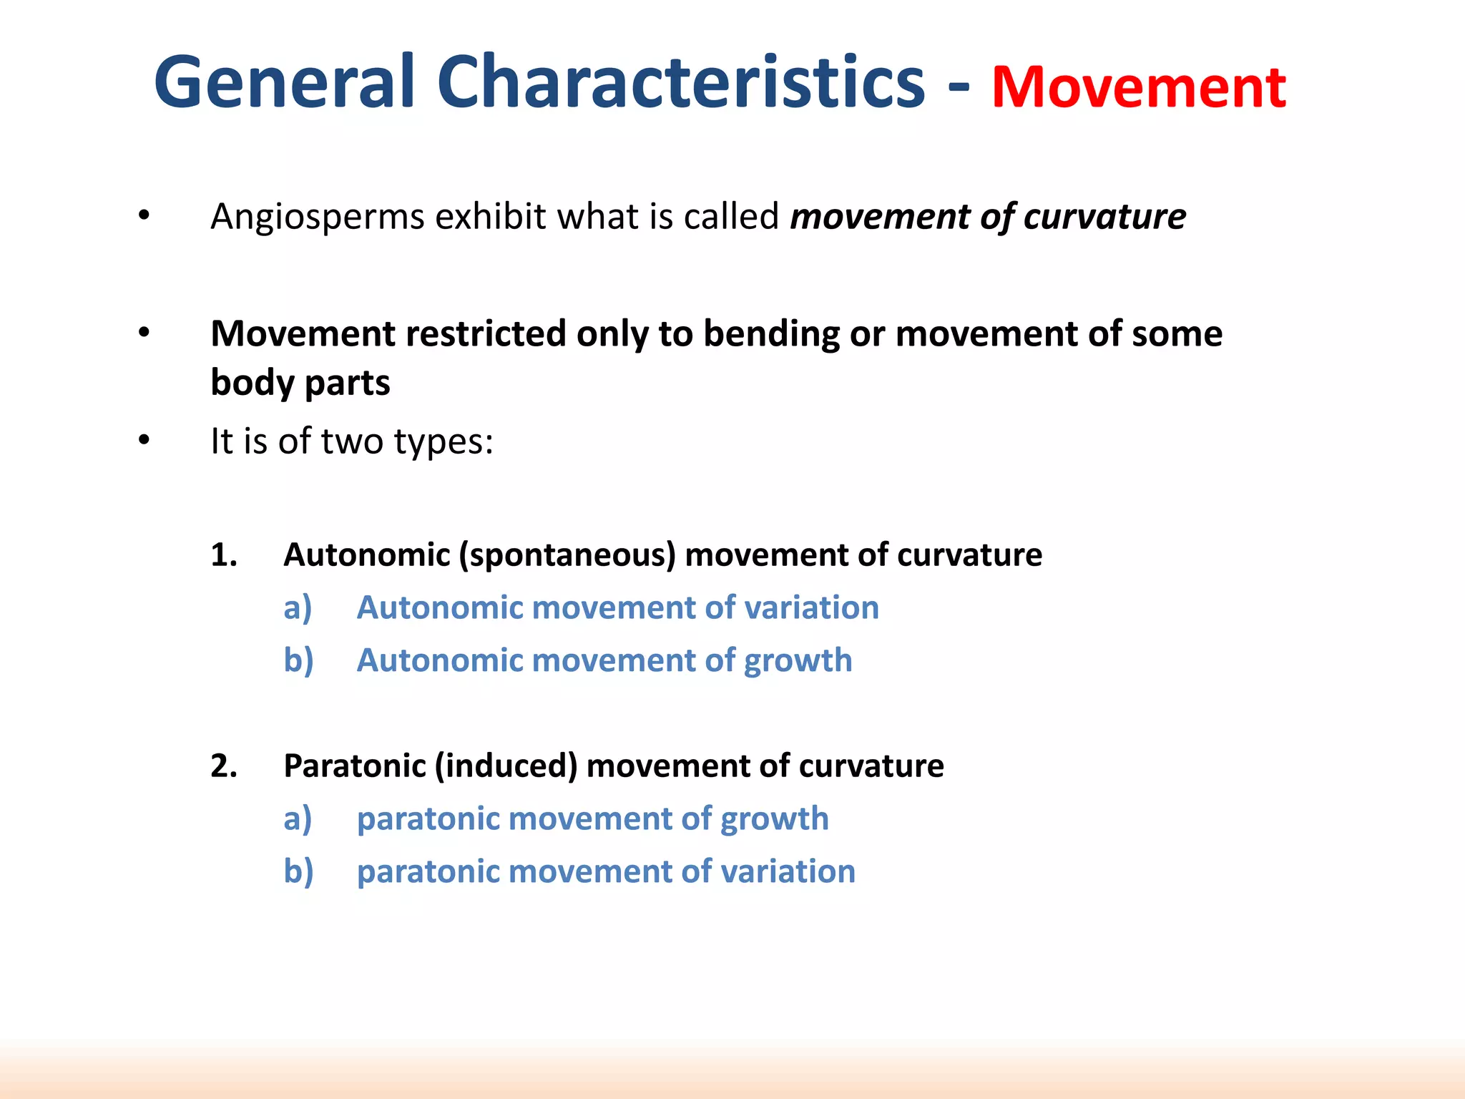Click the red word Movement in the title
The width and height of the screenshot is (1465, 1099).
[x=1139, y=87]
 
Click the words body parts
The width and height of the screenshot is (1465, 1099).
[x=300, y=383]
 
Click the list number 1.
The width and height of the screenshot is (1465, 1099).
[x=224, y=555]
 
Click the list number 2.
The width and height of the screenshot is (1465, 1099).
[x=224, y=766]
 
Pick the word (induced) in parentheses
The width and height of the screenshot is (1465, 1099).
[x=506, y=766]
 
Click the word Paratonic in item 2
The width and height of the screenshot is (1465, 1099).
[x=355, y=766]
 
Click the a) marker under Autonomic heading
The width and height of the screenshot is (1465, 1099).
[x=298, y=608]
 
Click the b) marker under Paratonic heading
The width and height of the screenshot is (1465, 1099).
[x=298, y=872]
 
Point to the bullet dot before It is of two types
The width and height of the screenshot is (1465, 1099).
[x=144, y=441]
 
